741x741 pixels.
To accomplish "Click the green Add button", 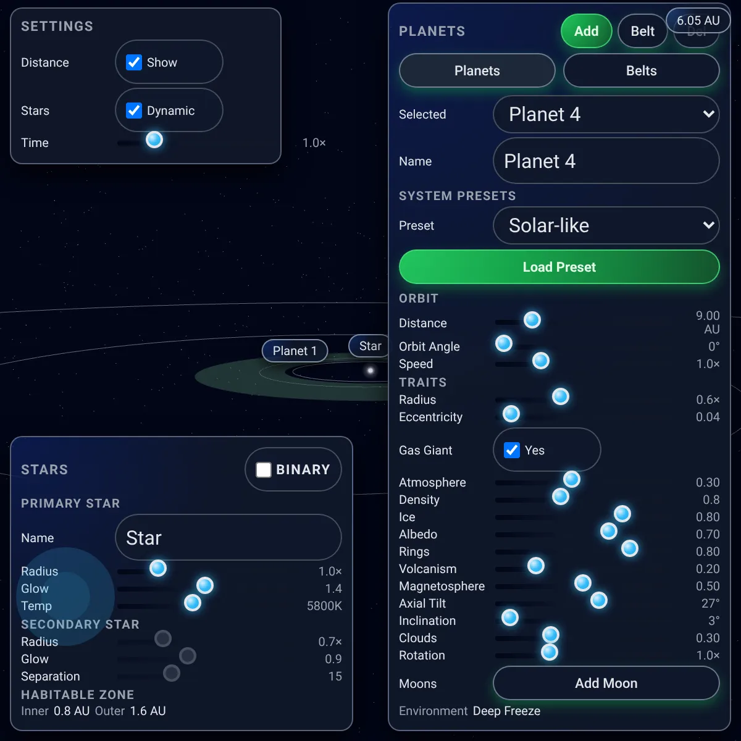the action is point(586,31).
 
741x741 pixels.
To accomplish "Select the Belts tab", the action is point(641,71).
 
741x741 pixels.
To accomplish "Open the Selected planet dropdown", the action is point(606,114).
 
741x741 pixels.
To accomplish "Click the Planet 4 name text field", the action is point(606,161).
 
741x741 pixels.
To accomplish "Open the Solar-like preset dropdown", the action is point(606,225).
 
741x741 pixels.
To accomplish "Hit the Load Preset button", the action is point(559,267).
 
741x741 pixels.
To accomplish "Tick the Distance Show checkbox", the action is point(134,62).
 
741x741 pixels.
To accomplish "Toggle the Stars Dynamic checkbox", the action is point(134,111).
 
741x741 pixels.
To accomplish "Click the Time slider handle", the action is point(154,140).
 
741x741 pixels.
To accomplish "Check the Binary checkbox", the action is point(264,469).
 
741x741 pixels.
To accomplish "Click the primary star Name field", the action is point(228,538).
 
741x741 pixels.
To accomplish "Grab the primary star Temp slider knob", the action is point(193,603).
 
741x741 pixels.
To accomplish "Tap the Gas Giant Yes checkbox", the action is point(512,450).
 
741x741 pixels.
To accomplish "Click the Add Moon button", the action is point(606,684).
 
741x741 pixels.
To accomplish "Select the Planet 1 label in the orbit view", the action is point(295,351).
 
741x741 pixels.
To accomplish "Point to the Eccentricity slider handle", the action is point(511,414).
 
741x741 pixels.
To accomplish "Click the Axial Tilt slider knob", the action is point(599,600).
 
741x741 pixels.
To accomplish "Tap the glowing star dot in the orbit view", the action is point(371,371).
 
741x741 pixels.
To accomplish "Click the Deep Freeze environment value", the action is point(506,711).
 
